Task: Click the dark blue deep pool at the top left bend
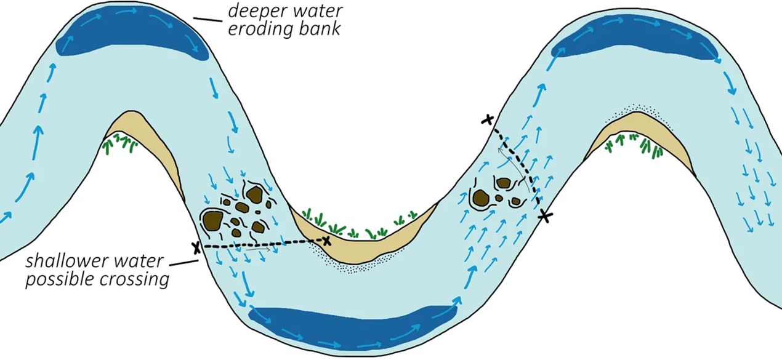tap(132, 36)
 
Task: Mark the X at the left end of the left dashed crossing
tap(196, 247)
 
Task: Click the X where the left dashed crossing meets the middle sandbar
tap(326, 240)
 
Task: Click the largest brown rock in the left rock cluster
tap(213, 220)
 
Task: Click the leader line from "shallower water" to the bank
tap(183, 263)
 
